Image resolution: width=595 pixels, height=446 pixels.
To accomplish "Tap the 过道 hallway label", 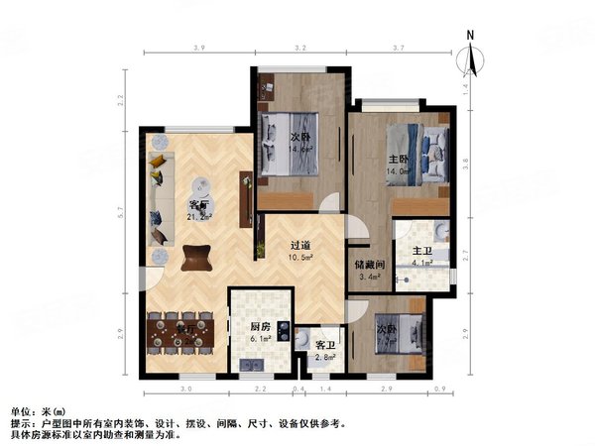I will click(301, 245).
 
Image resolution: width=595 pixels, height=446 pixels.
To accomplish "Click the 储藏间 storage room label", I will click(370, 265).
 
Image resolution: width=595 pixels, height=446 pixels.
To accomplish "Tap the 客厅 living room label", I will click(198, 206).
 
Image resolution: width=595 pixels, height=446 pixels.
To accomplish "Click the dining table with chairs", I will click(181, 333).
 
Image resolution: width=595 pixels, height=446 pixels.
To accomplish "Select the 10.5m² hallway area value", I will click(301, 257).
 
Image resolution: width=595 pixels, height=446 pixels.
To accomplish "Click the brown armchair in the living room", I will click(195, 257).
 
